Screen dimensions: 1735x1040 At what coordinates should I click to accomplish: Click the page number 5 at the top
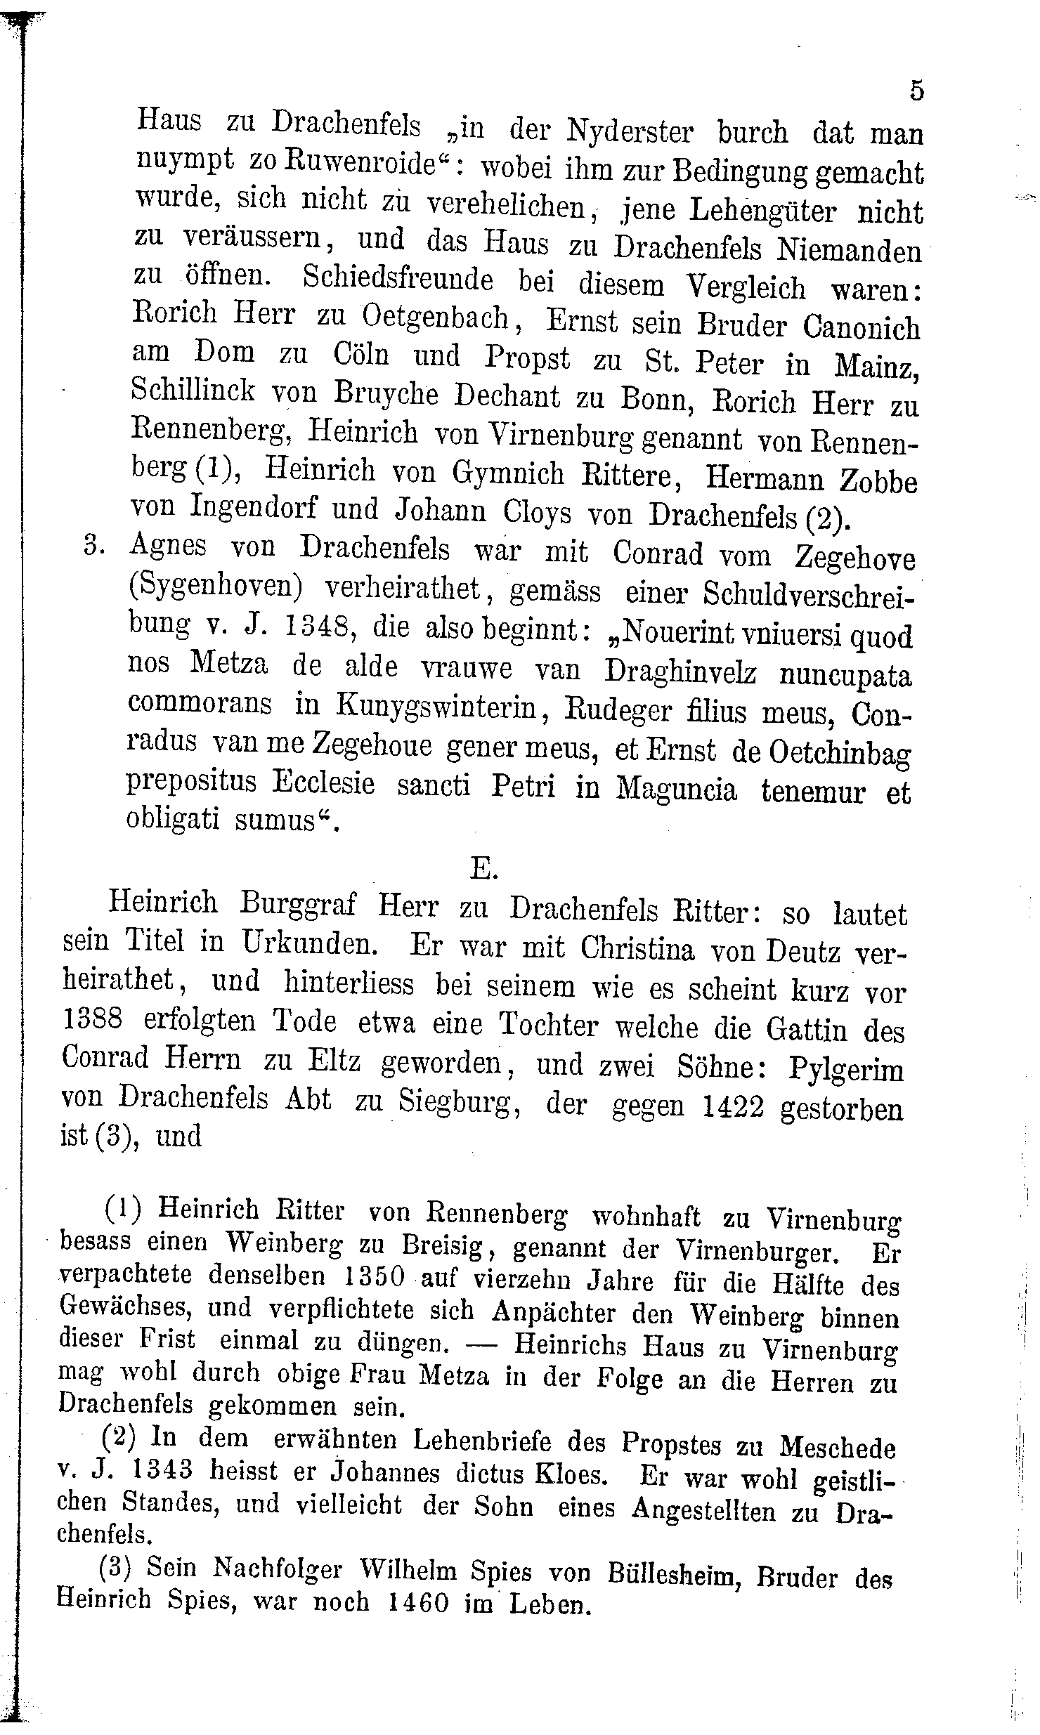click(x=916, y=91)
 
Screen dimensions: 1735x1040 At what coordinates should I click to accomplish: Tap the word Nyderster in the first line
click(x=630, y=130)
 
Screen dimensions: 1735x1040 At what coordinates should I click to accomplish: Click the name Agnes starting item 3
click(x=169, y=545)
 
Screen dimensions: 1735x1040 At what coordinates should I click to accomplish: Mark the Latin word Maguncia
click(x=677, y=789)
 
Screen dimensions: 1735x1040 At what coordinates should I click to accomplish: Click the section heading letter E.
click(x=483, y=869)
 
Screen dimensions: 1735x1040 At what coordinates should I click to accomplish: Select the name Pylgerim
click(x=846, y=1071)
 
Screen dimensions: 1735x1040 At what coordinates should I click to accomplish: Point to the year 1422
click(x=733, y=1108)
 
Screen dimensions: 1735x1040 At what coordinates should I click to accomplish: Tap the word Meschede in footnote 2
click(x=838, y=1447)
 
